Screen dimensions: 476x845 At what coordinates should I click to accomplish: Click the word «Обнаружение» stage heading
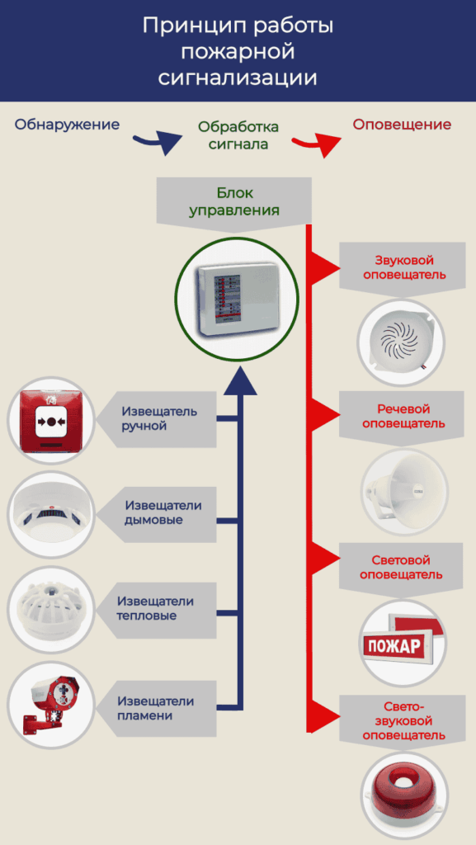(67, 125)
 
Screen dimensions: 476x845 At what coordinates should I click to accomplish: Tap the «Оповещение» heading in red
(402, 125)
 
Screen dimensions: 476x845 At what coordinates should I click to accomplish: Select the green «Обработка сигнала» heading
(238, 135)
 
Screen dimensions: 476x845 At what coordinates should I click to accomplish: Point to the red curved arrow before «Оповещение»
(316, 145)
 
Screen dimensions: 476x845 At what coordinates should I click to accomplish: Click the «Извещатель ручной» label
(159, 418)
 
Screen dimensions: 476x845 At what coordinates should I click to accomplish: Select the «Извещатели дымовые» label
(163, 513)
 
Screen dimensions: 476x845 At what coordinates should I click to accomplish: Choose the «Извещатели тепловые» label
(156, 608)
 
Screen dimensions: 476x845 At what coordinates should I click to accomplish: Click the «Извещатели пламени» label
(156, 708)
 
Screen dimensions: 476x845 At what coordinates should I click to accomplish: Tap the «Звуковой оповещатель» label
(404, 267)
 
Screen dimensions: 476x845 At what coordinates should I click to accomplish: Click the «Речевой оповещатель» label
(404, 416)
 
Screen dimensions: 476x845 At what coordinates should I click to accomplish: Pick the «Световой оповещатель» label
(401, 568)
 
